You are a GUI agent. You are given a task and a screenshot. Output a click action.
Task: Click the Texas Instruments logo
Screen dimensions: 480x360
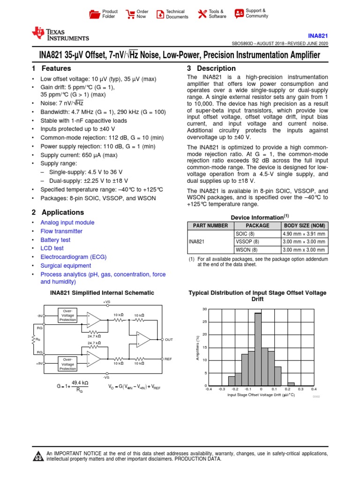(x=60, y=34)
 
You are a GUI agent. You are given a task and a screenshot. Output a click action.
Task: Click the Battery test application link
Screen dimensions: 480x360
(x=55, y=240)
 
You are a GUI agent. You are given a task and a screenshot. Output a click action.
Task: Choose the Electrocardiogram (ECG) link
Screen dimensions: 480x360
(x=73, y=257)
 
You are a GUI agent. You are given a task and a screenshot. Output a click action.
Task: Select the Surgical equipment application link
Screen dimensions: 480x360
(x=66, y=265)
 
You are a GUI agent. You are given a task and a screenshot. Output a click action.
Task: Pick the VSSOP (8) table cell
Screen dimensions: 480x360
(x=247, y=242)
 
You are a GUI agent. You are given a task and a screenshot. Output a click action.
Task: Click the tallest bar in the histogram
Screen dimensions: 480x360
(x=258, y=349)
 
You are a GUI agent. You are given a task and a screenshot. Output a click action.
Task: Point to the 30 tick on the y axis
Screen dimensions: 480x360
(x=204, y=309)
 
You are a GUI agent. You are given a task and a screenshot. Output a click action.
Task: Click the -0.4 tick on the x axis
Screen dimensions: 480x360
(x=209, y=389)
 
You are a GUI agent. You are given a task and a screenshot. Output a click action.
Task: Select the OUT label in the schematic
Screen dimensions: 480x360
(x=169, y=339)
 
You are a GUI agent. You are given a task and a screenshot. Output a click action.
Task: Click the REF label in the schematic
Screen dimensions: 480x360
(x=169, y=359)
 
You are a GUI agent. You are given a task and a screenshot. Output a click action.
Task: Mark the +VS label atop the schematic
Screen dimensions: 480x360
(x=106, y=301)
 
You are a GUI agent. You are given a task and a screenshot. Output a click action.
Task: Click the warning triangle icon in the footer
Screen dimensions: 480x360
(x=37, y=457)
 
